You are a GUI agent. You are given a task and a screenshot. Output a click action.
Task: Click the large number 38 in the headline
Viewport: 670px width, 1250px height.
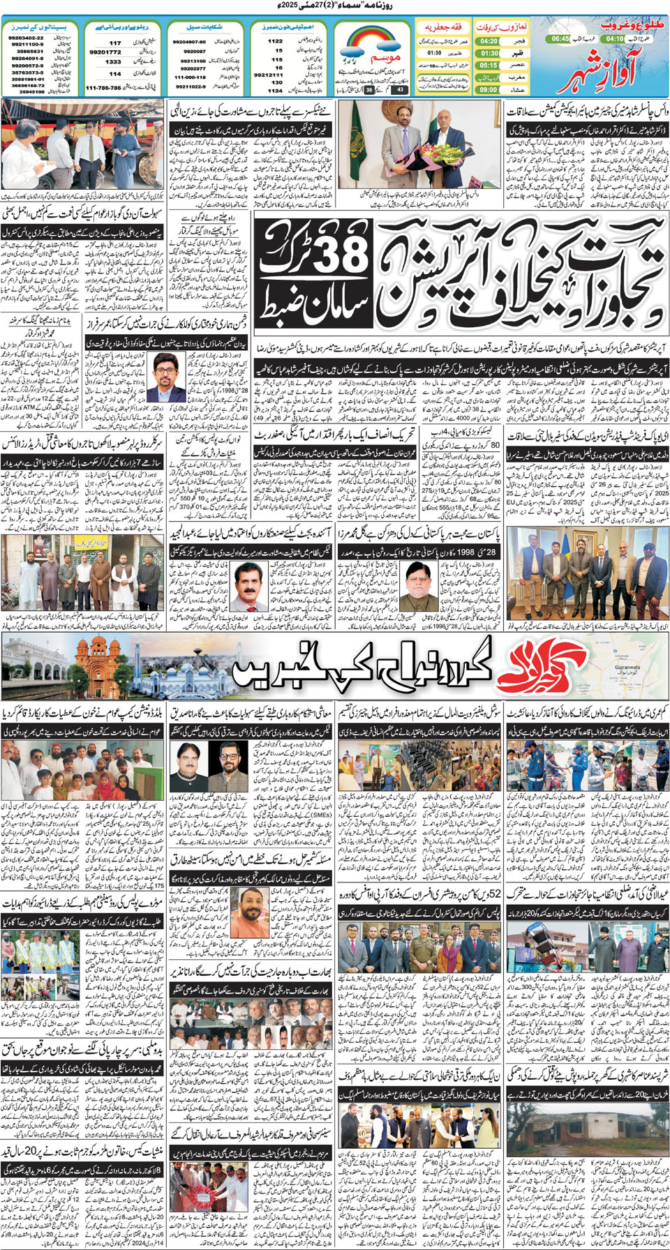click(x=341, y=255)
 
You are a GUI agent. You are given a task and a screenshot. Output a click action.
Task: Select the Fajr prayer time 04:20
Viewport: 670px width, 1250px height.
click(x=489, y=41)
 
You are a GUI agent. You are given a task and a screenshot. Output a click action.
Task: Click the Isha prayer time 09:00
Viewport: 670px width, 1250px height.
click(x=489, y=89)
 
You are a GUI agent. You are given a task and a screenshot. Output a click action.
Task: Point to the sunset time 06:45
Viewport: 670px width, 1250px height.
click(x=560, y=39)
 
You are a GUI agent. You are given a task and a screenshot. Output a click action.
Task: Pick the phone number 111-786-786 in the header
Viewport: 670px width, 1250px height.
click(x=103, y=88)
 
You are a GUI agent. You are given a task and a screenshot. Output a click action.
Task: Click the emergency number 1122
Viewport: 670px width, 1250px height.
click(x=276, y=41)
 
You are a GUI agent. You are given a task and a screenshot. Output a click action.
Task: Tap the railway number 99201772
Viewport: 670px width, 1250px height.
click(x=105, y=52)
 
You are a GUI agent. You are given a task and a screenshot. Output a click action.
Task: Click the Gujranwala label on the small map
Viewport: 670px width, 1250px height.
click(x=627, y=667)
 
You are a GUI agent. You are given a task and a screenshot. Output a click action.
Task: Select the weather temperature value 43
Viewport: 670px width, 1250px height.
click(x=400, y=89)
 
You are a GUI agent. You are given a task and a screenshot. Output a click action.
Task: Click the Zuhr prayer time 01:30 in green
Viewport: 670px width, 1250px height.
click(x=489, y=53)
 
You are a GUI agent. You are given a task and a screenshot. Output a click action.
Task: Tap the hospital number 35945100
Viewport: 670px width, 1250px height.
click(x=31, y=91)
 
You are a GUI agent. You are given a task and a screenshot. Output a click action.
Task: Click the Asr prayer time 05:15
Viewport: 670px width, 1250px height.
click(x=489, y=65)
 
